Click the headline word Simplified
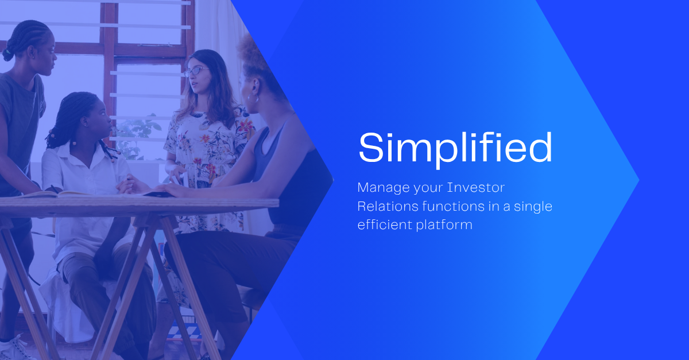tap(455, 148)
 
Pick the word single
tap(531, 206)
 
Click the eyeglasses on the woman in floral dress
tap(196, 71)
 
